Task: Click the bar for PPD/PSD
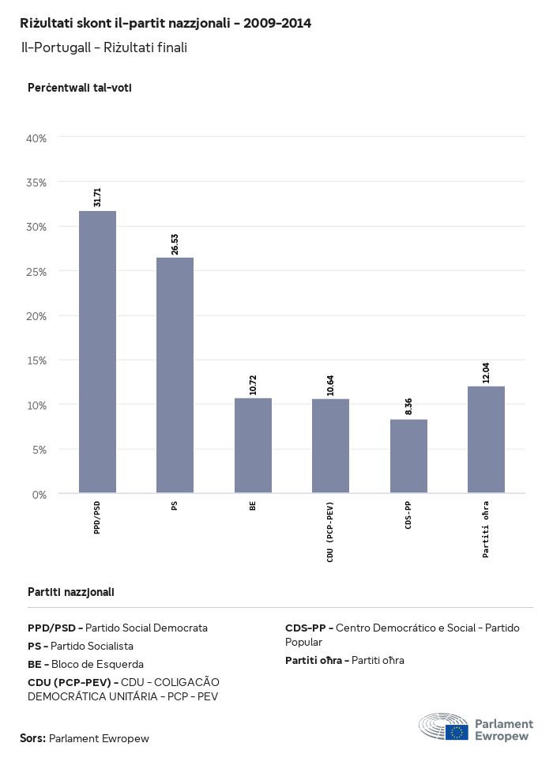[x=97, y=352]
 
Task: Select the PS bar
[x=175, y=375]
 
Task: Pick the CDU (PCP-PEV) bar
[x=330, y=446]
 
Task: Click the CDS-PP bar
[x=408, y=456]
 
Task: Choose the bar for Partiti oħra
[x=486, y=439]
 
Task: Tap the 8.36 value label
[x=408, y=406]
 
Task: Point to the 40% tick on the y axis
[x=37, y=138]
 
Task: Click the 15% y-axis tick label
[x=37, y=360]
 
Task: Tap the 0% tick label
[x=39, y=495]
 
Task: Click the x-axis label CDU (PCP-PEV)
[x=330, y=532]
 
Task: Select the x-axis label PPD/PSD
[x=97, y=517]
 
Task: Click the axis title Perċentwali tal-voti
[x=79, y=88]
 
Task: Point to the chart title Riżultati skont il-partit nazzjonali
[x=165, y=24]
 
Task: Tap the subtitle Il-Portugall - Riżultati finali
[x=104, y=47]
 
